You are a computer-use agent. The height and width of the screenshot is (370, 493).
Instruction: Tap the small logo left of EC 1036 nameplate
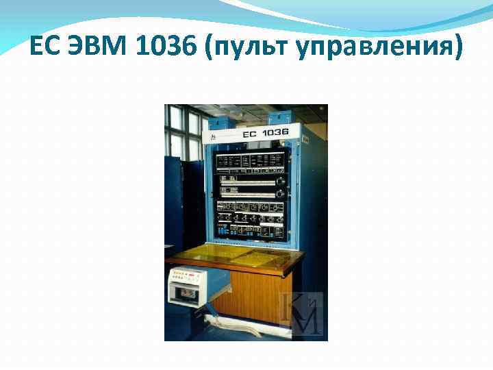click(x=214, y=138)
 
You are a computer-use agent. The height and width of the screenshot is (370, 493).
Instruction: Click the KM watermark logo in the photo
click(x=302, y=312)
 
